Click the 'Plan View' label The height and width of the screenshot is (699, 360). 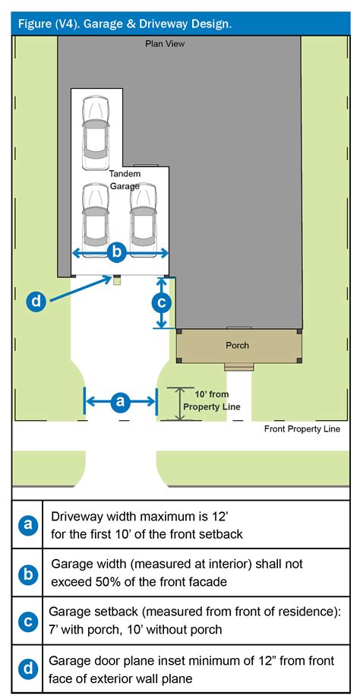(x=165, y=44)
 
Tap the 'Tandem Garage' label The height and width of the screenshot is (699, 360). (x=125, y=180)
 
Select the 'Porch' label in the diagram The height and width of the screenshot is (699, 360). (x=237, y=346)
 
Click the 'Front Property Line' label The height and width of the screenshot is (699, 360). (x=302, y=429)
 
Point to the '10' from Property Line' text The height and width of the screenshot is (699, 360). (x=212, y=400)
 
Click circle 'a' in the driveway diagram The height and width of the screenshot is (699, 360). (x=120, y=402)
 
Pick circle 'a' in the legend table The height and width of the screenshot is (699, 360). (x=27, y=524)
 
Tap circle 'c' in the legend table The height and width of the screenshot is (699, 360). (x=27, y=622)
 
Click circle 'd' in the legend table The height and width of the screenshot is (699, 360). (x=27, y=669)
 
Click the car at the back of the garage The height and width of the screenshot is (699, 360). (x=96, y=133)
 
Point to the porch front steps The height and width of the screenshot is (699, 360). (x=238, y=367)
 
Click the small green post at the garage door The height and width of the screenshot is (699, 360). (x=117, y=281)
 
